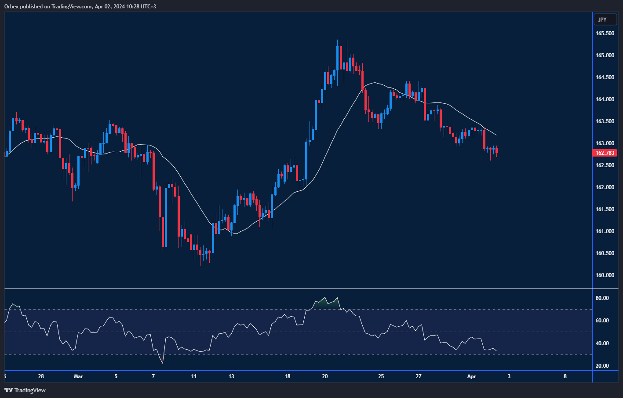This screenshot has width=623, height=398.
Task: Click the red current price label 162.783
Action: coord(605,153)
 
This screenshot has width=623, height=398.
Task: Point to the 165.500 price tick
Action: coord(605,33)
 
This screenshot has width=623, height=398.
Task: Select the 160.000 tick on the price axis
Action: coord(605,275)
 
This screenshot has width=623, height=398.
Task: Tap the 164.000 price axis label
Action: coord(605,99)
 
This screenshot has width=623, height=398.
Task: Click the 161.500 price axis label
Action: coord(605,209)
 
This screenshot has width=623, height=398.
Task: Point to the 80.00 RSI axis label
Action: coord(602,298)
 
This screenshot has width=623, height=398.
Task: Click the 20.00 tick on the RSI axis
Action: coord(602,366)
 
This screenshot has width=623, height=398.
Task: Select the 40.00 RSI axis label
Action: coord(602,343)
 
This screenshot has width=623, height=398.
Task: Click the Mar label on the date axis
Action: coord(78,376)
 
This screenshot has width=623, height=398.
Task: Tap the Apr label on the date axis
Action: coord(471,376)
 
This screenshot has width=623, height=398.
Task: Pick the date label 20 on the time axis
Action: coord(325,376)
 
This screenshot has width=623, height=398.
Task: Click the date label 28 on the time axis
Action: coord(41,376)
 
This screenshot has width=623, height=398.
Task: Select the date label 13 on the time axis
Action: coord(231,376)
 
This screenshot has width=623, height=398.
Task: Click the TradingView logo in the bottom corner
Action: coord(25,390)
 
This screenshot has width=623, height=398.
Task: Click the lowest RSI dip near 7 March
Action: coord(163,362)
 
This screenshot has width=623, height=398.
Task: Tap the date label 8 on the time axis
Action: coord(565,376)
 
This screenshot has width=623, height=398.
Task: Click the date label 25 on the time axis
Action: coord(381,376)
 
